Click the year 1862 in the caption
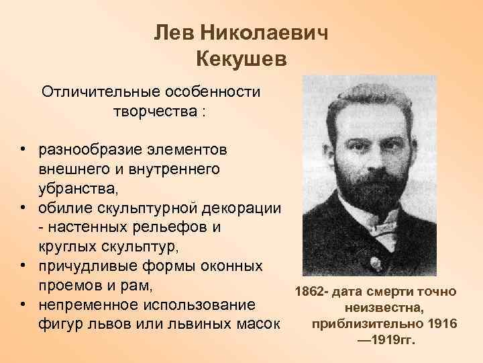tap(310, 292)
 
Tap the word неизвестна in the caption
tap(384, 309)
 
